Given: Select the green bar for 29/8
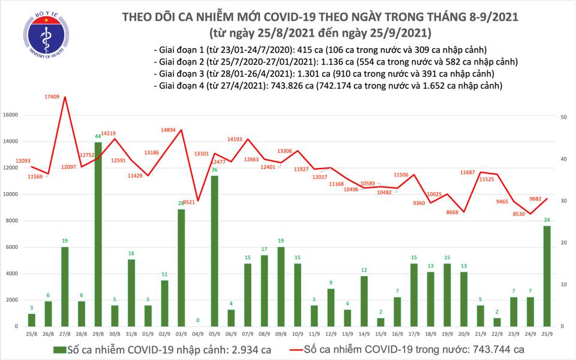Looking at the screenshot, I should tap(98, 234).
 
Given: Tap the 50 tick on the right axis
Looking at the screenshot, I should tap(565, 118).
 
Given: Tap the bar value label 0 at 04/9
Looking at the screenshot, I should tap(197, 320).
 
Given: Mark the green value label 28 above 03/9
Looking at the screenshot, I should tap(181, 204).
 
